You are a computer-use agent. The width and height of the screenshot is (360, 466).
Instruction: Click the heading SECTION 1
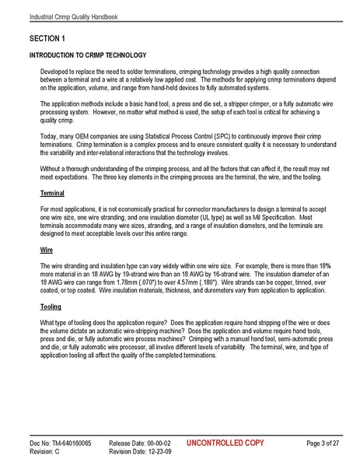47,37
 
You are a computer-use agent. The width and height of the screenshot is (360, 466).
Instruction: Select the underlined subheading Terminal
52,193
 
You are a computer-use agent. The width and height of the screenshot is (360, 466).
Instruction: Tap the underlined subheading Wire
46,251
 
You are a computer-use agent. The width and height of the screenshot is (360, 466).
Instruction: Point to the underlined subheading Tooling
51,307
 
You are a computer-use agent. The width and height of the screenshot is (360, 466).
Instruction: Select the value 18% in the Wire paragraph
332,267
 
